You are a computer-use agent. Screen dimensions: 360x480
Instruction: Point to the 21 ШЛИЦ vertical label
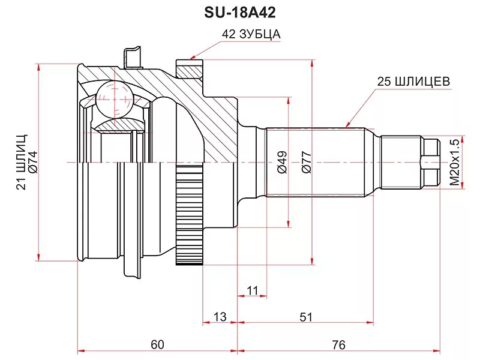22,161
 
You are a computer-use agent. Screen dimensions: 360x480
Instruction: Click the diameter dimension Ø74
34,163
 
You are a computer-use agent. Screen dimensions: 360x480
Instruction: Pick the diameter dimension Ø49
282,162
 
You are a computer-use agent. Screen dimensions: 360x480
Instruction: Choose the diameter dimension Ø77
306,162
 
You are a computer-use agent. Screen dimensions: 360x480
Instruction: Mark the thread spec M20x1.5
454,161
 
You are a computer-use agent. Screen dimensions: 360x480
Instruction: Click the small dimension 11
252,290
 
